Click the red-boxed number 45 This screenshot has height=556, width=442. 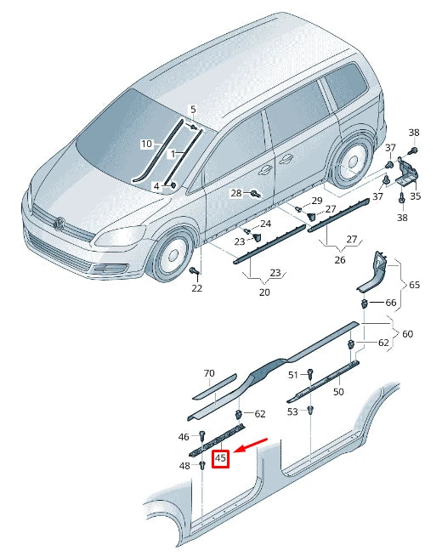(x=221, y=458)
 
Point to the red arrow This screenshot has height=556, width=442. (x=252, y=446)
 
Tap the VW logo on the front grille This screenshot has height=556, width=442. (x=59, y=224)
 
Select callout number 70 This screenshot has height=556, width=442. (x=209, y=373)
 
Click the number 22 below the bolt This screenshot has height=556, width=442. (x=196, y=289)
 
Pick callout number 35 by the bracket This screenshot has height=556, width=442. (x=415, y=196)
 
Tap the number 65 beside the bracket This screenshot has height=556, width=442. (x=415, y=284)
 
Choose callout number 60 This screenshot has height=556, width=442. (x=408, y=334)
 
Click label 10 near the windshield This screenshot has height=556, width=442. (x=146, y=144)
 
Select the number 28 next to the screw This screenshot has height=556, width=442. (x=236, y=193)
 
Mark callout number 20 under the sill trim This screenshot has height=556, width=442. (x=263, y=292)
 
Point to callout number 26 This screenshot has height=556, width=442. (x=339, y=259)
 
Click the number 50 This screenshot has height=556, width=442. (x=337, y=392)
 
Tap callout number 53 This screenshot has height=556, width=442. (x=292, y=411)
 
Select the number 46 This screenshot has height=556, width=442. (x=184, y=436)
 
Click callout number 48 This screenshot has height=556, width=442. (x=184, y=466)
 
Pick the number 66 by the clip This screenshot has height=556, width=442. (x=390, y=303)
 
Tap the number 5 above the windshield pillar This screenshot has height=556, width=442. (x=193, y=110)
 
